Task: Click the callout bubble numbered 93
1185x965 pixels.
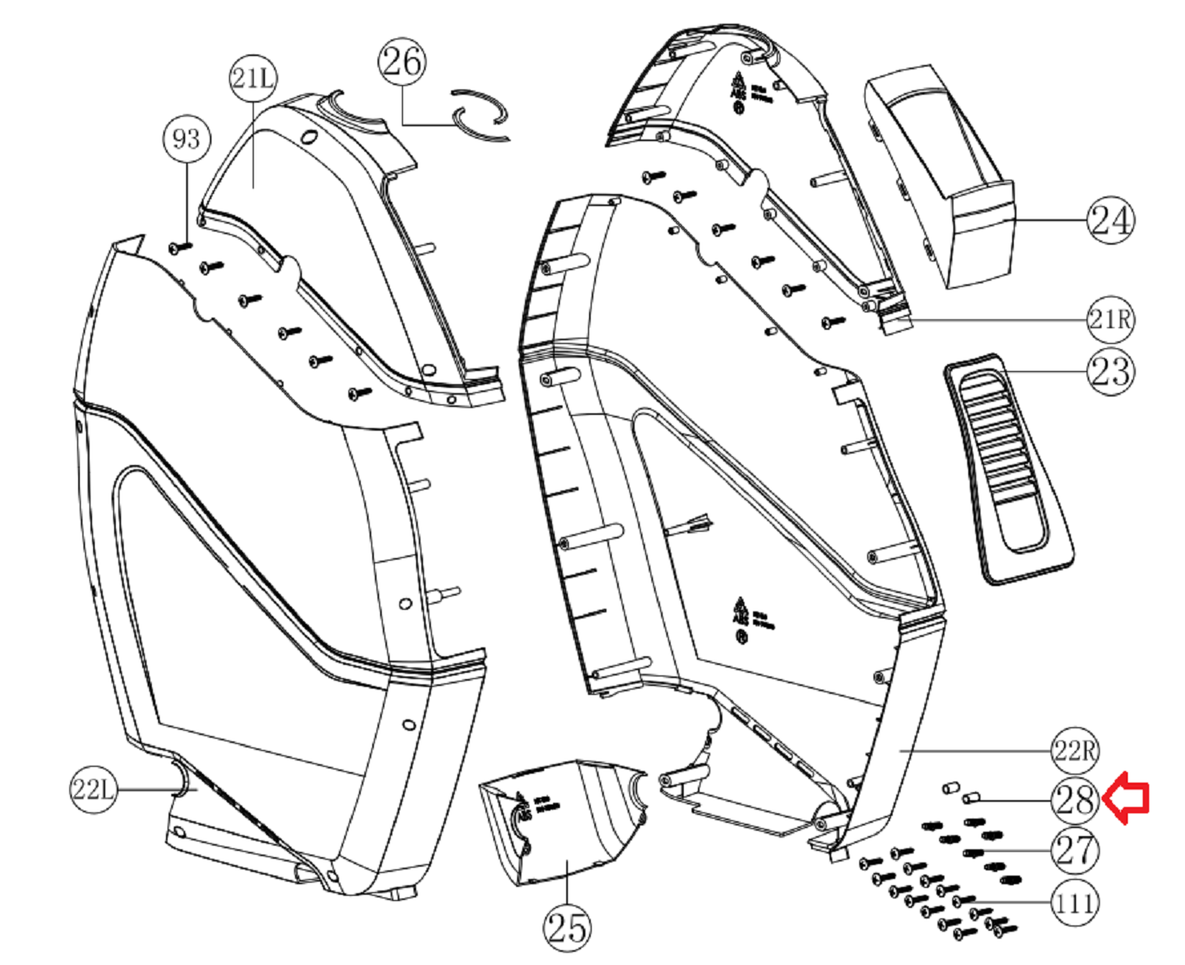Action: point(187,139)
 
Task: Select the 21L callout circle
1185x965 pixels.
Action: point(253,78)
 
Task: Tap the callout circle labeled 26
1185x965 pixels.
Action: point(402,61)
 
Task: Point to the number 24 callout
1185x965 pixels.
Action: point(1110,219)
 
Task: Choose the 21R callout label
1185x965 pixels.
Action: point(1110,319)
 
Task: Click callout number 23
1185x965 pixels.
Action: point(1110,371)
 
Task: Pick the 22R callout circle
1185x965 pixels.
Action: point(1075,751)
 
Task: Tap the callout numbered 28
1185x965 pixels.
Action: point(1075,800)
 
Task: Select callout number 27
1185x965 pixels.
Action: point(1075,850)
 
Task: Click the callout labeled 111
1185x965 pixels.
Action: point(1075,902)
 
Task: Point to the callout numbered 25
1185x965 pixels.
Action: point(567,926)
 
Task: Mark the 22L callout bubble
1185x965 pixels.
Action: point(93,790)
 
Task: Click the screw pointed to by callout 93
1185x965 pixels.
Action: point(179,247)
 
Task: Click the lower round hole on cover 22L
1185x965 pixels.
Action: point(408,726)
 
